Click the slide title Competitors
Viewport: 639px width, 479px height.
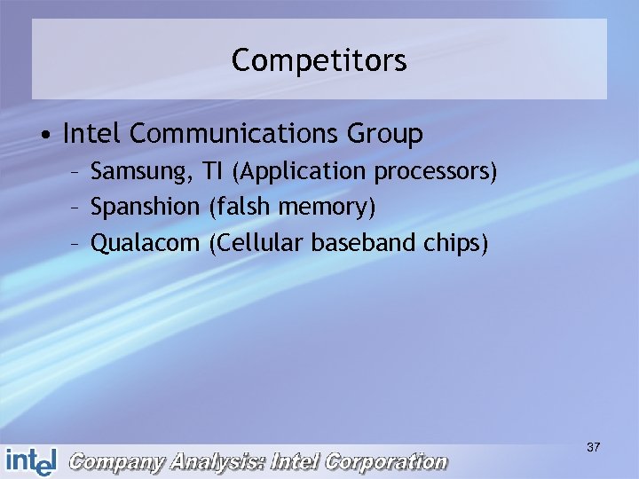point(319,61)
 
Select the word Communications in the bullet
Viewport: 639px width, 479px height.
point(232,134)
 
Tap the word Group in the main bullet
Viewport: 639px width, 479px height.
point(384,135)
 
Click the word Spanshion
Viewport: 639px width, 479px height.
point(146,208)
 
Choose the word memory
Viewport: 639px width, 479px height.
point(324,208)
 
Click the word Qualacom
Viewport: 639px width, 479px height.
point(146,243)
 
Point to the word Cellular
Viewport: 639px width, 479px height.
point(256,242)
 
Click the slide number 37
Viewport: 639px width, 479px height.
point(593,448)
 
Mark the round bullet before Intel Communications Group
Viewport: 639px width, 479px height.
point(43,136)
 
